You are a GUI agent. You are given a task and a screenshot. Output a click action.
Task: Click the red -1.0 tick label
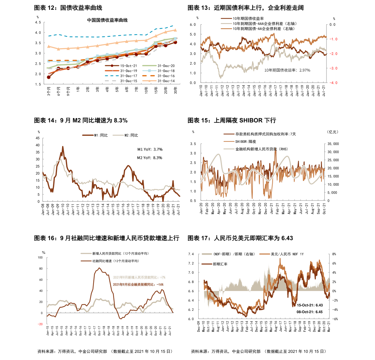click(x=333, y=39)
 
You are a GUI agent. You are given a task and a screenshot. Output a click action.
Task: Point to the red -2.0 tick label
click(x=333, y=54)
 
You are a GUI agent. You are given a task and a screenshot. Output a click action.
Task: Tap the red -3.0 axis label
click(x=333, y=68)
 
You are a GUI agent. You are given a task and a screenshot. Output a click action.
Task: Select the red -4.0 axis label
click(x=333, y=83)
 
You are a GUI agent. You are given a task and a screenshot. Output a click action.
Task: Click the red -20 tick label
click(x=40, y=324)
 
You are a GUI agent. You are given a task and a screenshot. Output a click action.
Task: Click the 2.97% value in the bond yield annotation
click(x=305, y=70)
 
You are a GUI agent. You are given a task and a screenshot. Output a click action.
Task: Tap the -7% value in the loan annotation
click(x=163, y=277)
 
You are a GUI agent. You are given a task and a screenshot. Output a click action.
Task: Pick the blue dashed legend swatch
click(x=112, y=76)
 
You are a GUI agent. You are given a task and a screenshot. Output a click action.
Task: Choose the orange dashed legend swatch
click(x=148, y=76)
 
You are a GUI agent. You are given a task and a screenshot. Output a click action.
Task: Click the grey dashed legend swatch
click(x=111, y=81)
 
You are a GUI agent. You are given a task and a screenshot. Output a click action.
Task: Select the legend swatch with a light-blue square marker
click(x=149, y=71)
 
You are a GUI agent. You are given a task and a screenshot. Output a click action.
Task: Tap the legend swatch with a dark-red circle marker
click(x=112, y=66)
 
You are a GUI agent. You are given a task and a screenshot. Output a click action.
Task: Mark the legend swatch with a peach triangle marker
click(x=149, y=81)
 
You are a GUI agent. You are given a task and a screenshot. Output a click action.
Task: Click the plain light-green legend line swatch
click(x=149, y=66)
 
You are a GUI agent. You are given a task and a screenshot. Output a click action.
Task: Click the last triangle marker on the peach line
click(x=176, y=30)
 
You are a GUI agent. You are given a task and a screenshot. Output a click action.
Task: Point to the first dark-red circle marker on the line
click(x=49, y=77)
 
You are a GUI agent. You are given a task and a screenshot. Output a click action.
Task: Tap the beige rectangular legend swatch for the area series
click(x=207, y=254)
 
